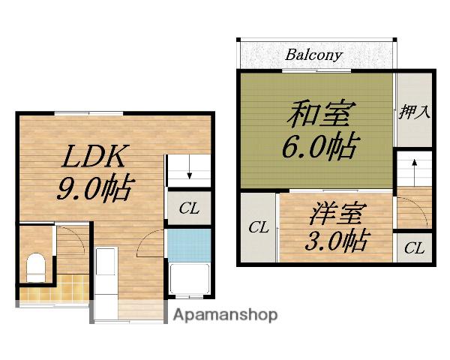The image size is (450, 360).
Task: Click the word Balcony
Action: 313,55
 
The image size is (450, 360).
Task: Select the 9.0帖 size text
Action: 96,187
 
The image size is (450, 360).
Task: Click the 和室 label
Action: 321,114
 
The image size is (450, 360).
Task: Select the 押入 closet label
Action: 415,112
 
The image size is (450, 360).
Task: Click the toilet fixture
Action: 36,267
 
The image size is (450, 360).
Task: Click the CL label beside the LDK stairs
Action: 189,208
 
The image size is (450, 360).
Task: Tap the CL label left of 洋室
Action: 259,227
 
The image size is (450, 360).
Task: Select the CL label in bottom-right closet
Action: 414,247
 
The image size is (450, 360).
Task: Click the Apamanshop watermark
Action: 225,315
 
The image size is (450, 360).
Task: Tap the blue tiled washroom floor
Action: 189,245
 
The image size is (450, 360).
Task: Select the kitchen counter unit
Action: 106,283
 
